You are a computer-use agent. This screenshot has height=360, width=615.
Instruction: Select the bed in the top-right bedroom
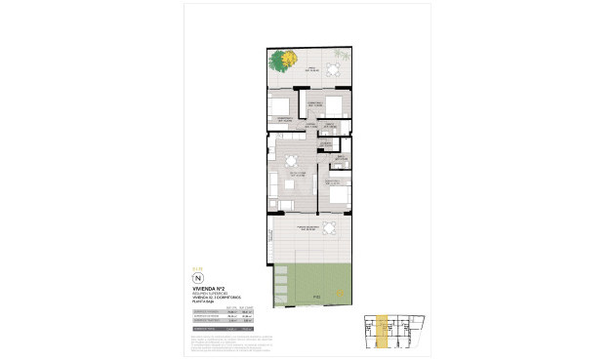tap(335, 105)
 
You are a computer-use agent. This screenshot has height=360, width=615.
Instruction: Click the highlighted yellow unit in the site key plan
tap(384, 331)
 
